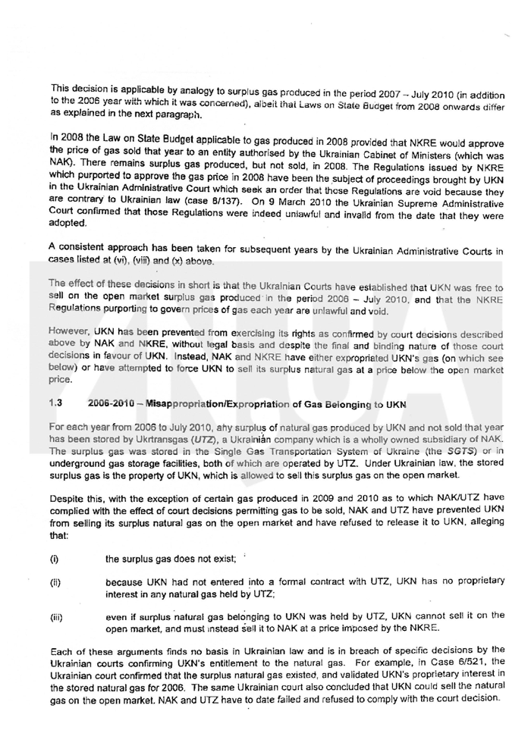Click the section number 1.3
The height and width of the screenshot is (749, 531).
click(55, 401)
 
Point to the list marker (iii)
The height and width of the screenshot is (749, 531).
click(56, 617)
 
